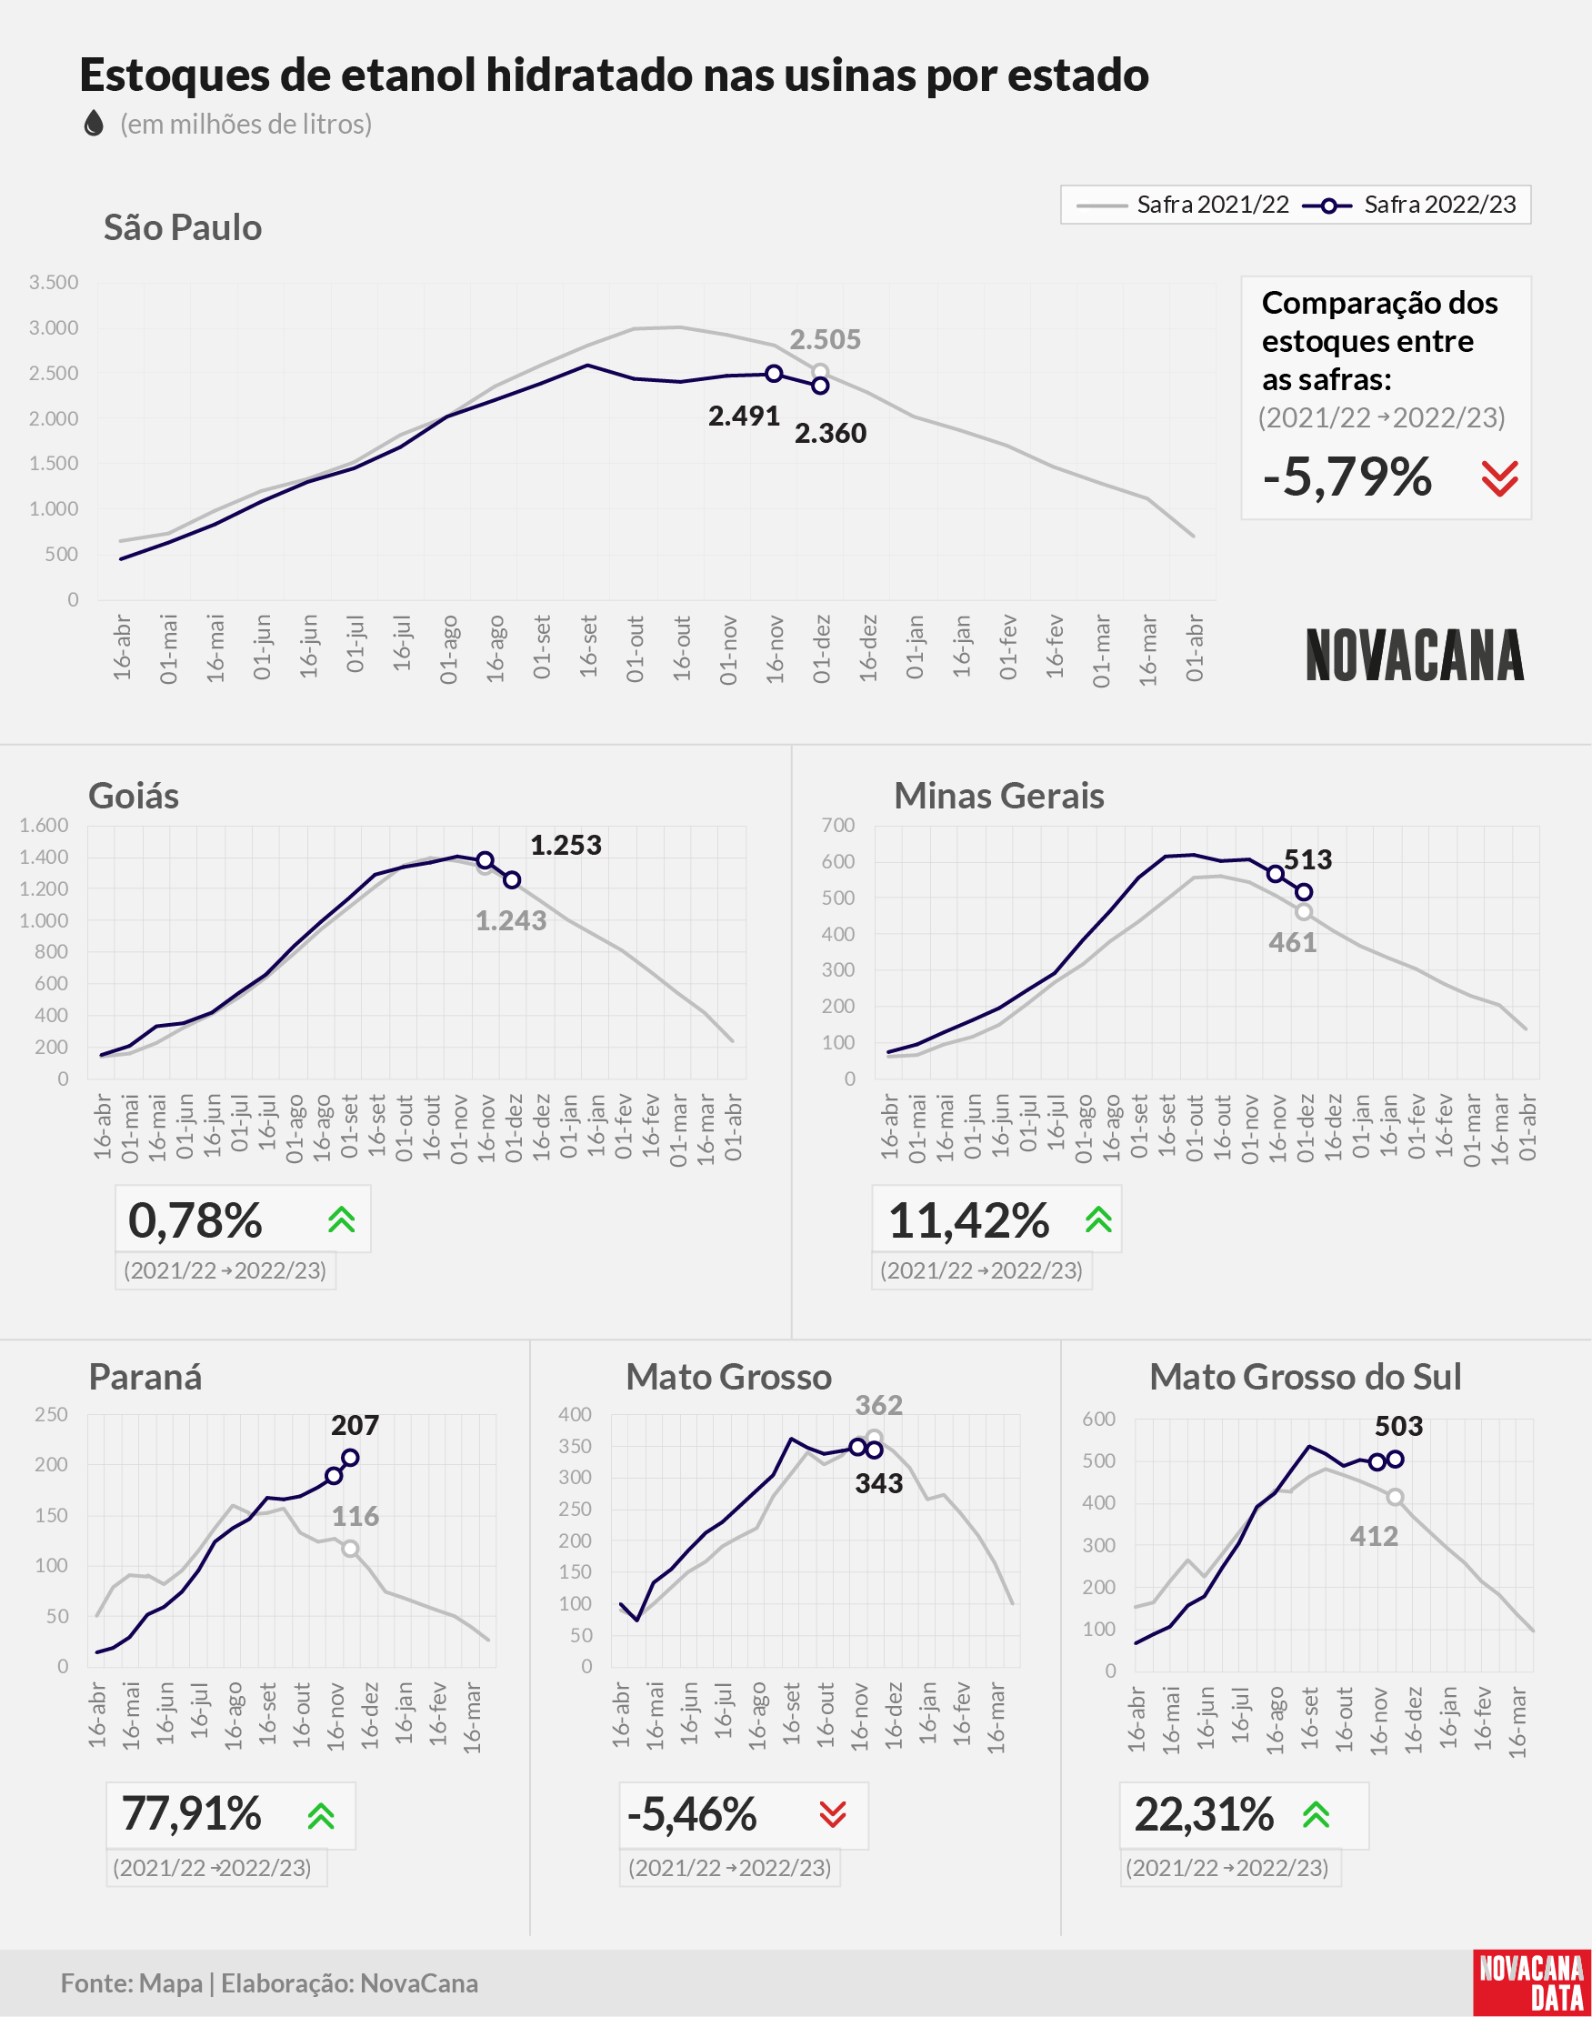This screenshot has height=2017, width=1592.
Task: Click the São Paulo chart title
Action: tap(183, 227)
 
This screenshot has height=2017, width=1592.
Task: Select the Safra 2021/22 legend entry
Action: tap(1182, 205)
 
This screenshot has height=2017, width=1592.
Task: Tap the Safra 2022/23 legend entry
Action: tap(1409, 205)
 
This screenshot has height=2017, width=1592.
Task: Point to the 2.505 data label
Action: tap(825, 339)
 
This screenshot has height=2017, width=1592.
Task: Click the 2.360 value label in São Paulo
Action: tap(830, 434)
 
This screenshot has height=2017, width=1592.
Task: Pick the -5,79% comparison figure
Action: tap(1347, 477)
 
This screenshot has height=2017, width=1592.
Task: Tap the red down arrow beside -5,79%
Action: tap(1500, 478)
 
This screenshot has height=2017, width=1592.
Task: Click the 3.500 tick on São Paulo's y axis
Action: tap(54, 283)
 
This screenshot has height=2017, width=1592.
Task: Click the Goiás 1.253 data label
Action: tap(566, 846)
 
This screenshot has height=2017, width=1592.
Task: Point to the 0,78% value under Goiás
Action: tap(195, 1220)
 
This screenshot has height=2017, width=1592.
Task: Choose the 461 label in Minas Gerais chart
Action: tap(1293, 942)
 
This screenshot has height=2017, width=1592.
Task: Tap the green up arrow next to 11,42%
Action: tap(1099, 1220)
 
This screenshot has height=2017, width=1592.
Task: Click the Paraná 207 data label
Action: tap(355, 1425)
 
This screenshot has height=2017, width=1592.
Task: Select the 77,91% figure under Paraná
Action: tap(191, 1814)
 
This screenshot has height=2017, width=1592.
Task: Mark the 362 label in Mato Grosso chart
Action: tap(879, 1405)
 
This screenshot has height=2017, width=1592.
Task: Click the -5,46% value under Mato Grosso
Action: tap(692, 1814)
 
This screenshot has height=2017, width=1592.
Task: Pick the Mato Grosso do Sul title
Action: tap(1305, 1377)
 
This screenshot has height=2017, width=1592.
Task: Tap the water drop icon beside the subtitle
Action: tap(94, 123)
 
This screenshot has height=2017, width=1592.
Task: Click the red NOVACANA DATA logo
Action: tap(1532, 1982)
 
